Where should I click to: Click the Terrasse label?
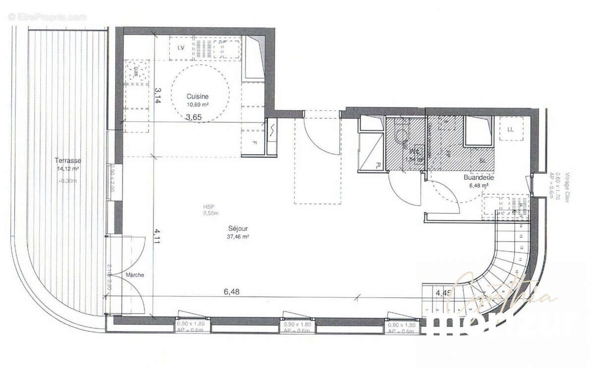68,161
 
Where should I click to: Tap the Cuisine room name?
197,97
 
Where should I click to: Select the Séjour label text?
238,229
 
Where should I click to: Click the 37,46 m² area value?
238,237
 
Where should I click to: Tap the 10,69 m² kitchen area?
197,105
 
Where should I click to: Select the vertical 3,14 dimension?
158,95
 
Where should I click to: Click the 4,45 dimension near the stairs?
443,293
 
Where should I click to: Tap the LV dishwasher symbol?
180,48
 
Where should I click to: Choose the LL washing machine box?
511,129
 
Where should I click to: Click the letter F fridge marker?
255,143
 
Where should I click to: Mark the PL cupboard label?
378,165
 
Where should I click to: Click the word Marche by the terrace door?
134,275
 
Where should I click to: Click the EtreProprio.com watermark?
47,17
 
